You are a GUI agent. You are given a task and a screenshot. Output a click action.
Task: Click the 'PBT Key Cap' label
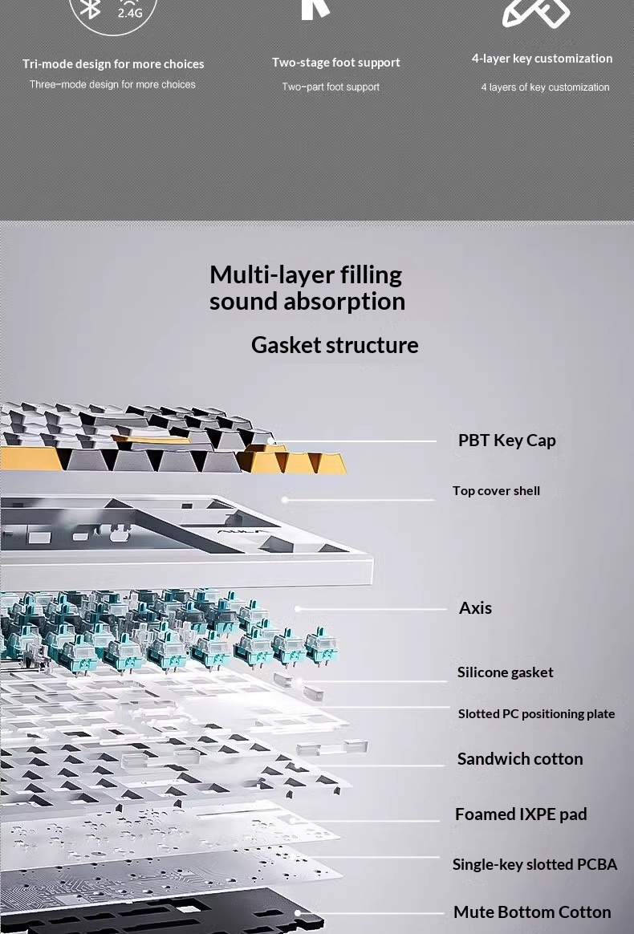(506, 441)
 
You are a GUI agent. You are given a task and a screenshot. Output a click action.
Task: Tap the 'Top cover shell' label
(496, 491)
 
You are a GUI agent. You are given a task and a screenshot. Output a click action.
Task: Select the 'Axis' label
(475, 607)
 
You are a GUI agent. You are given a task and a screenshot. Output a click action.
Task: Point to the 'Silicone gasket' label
(506, 672)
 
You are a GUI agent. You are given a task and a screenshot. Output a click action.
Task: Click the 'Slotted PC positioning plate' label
(536, 713)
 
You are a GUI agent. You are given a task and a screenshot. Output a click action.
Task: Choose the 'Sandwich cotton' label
(520, 759)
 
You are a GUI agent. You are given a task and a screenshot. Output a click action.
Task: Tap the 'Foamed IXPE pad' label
(521, 814)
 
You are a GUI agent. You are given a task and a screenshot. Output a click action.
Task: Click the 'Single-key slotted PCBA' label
(534, 864)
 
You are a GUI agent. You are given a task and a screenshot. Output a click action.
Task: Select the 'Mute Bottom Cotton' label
(532, 912)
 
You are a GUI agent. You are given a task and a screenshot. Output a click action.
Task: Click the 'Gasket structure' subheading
(335, 346)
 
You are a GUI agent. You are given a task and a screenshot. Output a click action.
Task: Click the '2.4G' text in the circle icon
(130, 13)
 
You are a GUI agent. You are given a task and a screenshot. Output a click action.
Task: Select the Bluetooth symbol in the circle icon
(91, 8)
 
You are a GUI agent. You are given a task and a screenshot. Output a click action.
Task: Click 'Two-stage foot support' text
(336, 63)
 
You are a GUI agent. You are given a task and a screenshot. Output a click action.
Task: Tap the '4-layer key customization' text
(543, 59)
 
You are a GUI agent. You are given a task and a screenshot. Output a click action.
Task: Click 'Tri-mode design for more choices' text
(113, 63)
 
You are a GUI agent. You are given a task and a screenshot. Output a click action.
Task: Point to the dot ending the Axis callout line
(298, 609)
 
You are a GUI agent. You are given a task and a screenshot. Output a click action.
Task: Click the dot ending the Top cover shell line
(285, 500)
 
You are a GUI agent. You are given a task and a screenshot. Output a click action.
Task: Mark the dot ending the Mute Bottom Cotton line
(297, 912)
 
